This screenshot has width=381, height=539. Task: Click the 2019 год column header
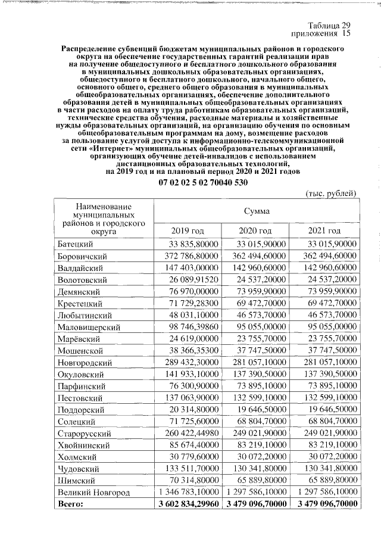tap(188, 230)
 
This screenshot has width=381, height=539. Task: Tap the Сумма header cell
tap(256, 211)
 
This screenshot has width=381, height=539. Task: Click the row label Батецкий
tap(76, 244)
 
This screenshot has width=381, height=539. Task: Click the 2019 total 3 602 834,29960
tap(186, 504)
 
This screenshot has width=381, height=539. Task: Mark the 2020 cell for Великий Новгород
tap(255, 492)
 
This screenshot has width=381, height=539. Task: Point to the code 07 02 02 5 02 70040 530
tap(202, 182)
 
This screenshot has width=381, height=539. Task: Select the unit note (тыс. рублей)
tap(331, 194)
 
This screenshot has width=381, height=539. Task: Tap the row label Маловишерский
tap(89, 327)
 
